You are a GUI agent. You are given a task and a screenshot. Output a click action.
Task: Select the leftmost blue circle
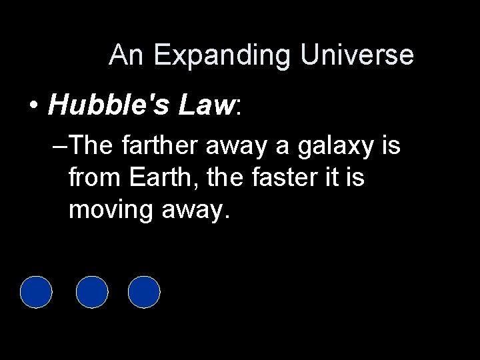36,292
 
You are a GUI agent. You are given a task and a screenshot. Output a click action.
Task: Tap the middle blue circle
92,292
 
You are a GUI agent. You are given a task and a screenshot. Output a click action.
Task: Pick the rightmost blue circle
144,292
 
